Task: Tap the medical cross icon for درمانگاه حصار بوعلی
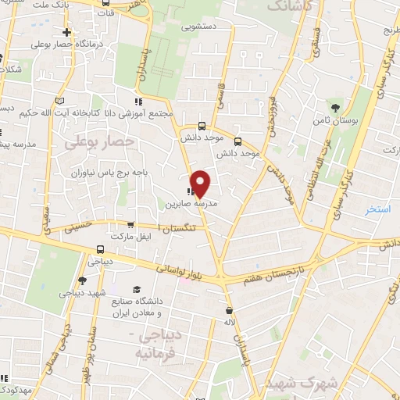[68, 32]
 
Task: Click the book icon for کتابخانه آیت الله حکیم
[60, 100]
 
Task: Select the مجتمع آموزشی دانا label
[104, 112]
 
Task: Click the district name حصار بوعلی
[100, 141]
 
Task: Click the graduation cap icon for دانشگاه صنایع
[137, 288]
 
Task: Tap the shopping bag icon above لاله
[229, 309]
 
